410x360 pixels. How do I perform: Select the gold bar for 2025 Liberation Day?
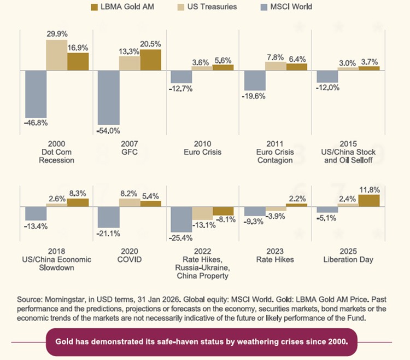click(369, 200)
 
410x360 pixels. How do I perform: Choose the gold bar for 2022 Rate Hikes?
click(223, 211)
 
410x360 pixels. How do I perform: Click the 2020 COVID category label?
click(130, 256)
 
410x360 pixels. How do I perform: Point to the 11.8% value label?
click(369, 190)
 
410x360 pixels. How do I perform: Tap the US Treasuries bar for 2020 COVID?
click(130, 202)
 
